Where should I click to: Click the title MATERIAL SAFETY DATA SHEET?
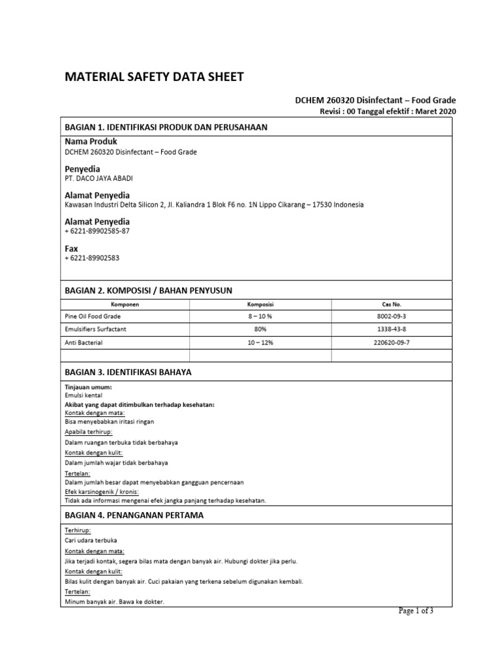154,77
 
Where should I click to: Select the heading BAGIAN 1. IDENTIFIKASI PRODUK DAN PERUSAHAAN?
166,127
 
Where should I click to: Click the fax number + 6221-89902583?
92,258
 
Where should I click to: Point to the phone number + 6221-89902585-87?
97,231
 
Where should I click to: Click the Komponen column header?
125,305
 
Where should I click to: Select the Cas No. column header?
391,305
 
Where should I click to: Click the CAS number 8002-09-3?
391,316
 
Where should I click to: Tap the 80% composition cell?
260,329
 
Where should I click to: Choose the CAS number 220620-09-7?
391,342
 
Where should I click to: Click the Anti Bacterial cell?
84,342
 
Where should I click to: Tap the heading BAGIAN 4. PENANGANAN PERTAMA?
134,515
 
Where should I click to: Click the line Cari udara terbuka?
91,540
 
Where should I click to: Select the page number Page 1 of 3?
416,611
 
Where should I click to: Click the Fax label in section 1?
71,249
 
